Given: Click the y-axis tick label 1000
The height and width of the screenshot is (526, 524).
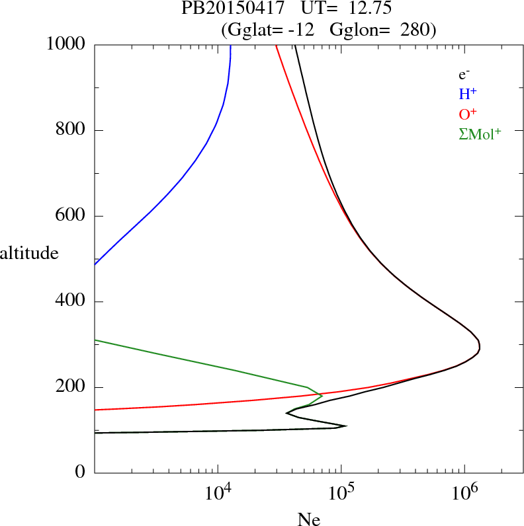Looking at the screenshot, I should point(66,44).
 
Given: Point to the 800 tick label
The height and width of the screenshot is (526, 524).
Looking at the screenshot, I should point(71,130).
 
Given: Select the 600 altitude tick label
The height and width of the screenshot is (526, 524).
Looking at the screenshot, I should point(71,216).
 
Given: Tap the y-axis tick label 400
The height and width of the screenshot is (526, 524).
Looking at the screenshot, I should point(71,302).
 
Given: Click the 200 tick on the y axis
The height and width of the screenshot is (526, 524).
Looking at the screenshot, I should point(71,387).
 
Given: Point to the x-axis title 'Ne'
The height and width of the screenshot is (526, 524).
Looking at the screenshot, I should point(309,519).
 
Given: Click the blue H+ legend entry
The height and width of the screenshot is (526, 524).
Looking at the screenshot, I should point(467,94).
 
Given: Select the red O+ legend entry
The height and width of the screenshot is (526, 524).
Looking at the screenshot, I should point(468,114).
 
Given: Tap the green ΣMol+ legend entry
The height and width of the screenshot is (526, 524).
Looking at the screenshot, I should point(480,134).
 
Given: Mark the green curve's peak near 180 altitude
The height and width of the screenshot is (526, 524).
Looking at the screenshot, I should point(322,396).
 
